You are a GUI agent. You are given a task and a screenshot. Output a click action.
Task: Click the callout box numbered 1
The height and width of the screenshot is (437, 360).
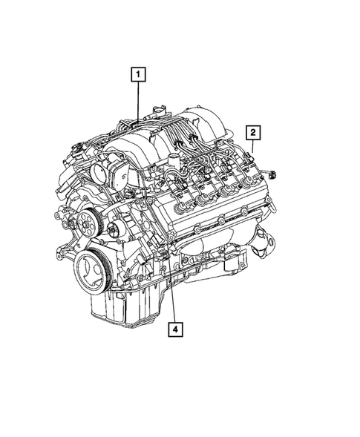tap(137, 74)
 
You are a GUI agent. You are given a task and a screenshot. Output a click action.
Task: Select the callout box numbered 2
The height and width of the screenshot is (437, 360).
tap(253, 133)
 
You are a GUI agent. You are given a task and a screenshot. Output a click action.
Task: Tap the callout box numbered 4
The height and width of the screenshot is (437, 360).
tap(175, 326)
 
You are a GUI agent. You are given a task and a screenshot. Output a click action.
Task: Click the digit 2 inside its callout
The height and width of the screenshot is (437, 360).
tap(253, 133)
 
